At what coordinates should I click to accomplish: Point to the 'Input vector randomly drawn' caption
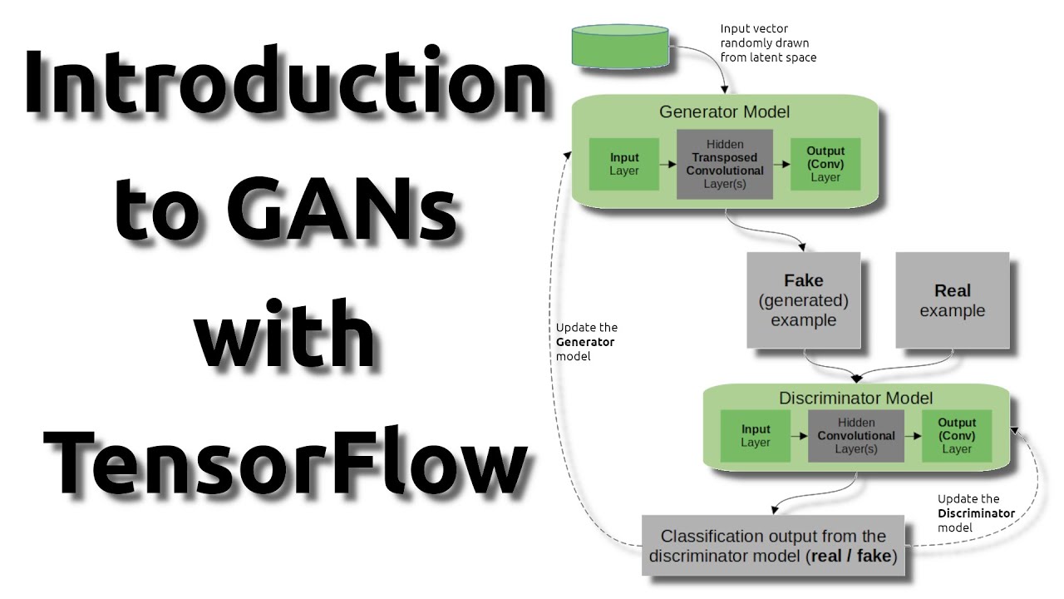coord(767,43)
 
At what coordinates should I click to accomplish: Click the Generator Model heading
coord(724,111)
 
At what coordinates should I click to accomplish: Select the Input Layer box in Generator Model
coord(624,164)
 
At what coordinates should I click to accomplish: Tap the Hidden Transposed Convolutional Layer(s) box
coord(724,164)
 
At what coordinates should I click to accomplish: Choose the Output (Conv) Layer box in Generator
coord(825,164)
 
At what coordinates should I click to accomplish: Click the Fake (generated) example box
coord(803,300)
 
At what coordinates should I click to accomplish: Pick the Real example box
coord(952,300)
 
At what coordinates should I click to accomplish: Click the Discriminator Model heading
coord(855,398)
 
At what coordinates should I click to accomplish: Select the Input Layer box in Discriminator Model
coord(756,436)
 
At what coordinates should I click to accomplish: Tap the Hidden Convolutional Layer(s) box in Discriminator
coord(856,436)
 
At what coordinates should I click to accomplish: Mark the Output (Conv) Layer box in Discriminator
coord(956,436)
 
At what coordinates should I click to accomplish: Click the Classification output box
coord(773,546)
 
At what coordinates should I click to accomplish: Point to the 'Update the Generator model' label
coord(586,341)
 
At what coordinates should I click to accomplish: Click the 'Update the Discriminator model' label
coord(976,512)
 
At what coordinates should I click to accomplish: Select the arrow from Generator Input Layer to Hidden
coord(668,165)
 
